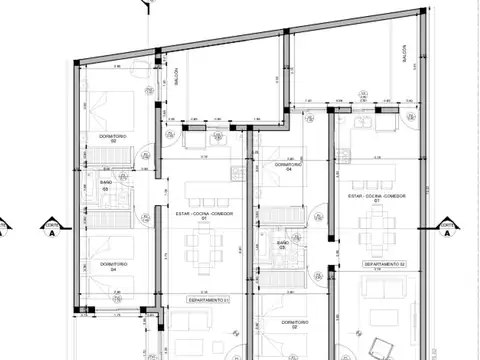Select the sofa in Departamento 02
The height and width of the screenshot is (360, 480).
point(385,290)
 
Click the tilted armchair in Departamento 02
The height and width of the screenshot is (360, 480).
point(380,345)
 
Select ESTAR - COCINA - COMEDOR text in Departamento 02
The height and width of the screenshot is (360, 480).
point(378,198)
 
